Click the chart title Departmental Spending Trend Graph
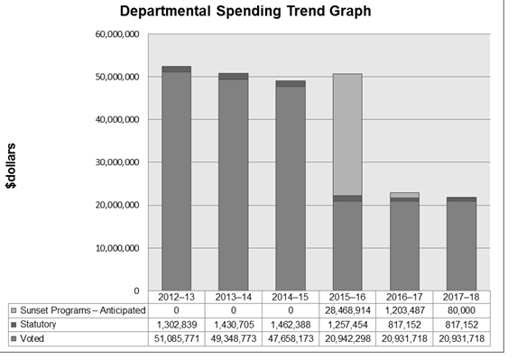[x=245, y=12]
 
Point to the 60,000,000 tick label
[x=116, y=34]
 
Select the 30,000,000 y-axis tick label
[x=116, y=162]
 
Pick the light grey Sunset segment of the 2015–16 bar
[x=346, y=134]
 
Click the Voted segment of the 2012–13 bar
[x=176, y=180]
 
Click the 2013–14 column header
[x=233, y=296]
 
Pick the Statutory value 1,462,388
[x=290, y=323]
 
